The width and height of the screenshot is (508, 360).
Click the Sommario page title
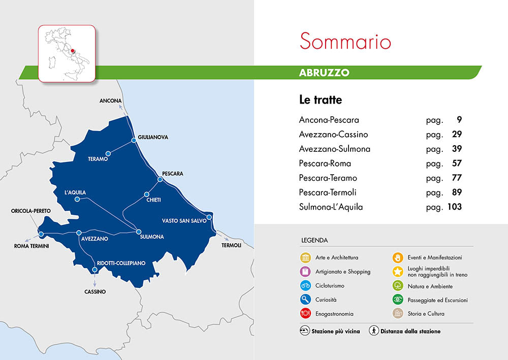[x=345, y=41]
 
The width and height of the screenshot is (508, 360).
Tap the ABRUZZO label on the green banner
[x=324, y=72]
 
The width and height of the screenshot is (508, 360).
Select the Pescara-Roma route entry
[x=325, y=163]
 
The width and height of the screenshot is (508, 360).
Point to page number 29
[x=456, y=135]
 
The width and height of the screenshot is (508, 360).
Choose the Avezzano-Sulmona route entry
[x=335, y=149]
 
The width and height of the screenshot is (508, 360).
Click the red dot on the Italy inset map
[x=73, y=50]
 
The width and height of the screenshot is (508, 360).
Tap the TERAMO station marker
[x=108, y=153]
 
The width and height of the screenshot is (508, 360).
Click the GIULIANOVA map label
[x=153, y=137]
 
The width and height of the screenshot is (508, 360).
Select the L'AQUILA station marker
[x=77, y=200]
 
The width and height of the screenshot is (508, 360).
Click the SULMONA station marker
[x=139, y=232]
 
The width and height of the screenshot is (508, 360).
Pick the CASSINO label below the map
[x=95, y=292]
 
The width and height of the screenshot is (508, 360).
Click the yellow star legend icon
[x=398, y=272]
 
